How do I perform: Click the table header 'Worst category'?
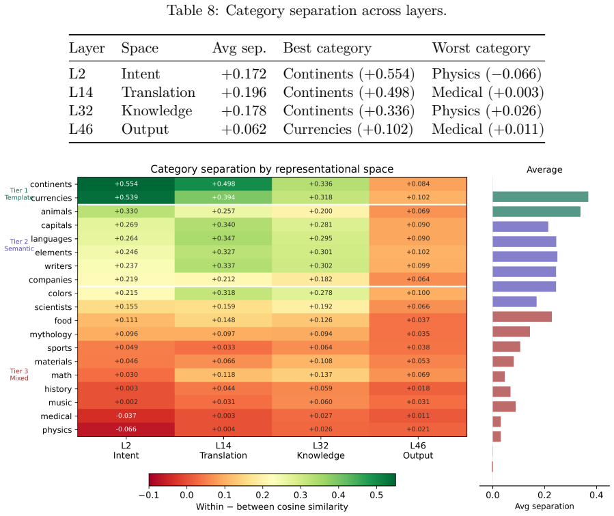pos(481,48)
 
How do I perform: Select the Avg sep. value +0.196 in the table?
pos(244,92)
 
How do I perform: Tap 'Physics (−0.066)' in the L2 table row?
pos(486,74)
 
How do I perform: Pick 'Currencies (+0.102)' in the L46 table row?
pos(348,129)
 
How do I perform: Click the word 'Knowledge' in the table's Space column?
pos(156,111)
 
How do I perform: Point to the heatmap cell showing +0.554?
pos(126,184)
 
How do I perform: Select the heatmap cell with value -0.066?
pos(126,429)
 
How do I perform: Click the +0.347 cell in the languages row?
pos(223,238)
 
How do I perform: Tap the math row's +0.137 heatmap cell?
pos(321,375)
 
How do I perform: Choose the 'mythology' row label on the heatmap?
pos(51,334)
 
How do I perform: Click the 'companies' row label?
pos(50,280)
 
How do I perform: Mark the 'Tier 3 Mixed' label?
pos(19,375)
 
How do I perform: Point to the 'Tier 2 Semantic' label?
pos(19,245)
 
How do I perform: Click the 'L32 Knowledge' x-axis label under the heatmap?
pos(321,450)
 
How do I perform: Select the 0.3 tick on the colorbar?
pos(301,495)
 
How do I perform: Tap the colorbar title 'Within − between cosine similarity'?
pos(272,506)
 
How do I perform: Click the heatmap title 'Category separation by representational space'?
pos(272,169)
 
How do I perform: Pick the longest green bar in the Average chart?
pos(540,197)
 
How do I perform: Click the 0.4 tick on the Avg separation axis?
pos(596,495)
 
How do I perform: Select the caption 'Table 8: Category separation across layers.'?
pos(307,10)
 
